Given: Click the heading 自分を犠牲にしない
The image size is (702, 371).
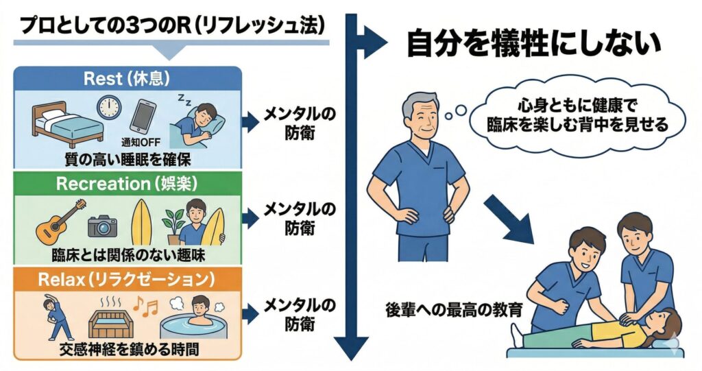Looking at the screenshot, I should tap(533, 46).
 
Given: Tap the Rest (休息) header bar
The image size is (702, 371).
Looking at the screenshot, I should tap(127, 77).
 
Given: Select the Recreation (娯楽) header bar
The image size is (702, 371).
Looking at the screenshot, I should tap(127, 184).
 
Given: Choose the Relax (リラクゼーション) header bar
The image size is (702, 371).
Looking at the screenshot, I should tap(127, 280).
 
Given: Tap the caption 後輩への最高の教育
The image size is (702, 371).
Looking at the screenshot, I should tap(455, 309).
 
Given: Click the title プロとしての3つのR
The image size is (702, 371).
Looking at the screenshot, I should tap(171, 25).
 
